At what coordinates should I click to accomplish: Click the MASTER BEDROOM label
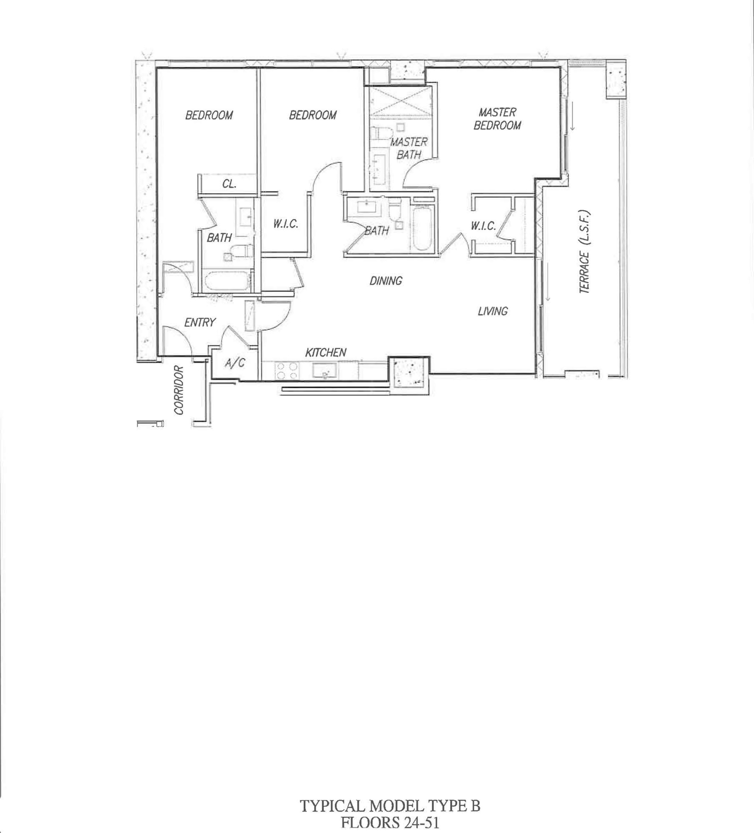click(x=497, y=118)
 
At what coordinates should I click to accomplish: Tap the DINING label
click(x=386, y=281)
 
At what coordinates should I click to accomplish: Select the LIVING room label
click(x=493, y=311)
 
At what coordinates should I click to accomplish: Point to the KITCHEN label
click(x=326, y=352)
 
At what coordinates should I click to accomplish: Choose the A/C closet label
click(x=235, y=362)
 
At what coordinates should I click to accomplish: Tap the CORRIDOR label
click(x=179, y=390)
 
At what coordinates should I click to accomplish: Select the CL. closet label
click(x=229, y=184)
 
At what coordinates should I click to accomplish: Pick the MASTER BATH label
click(x=409, y=148)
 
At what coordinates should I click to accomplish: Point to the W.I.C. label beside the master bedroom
click(x=483, y=226)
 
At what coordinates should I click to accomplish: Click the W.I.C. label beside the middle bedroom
click(x=286, y=224)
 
